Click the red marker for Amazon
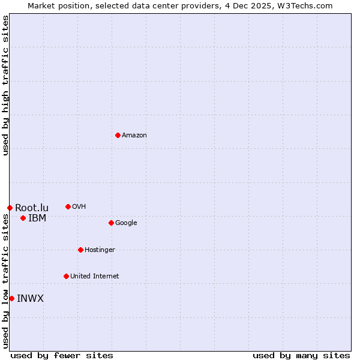coord(118,135)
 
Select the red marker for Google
coord(111,223)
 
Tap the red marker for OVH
coord(68,206)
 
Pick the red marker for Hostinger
coord(80,250)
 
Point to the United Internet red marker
coord(66,276)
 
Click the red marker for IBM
coord(23,218)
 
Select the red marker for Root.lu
coord(10,208)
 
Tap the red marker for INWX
coord(11,298)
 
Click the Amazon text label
coord(134,136)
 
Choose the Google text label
coord(126,223)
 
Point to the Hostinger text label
coord(100,250)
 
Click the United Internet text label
coord(94,277)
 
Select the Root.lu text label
coord(32,208)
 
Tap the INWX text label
coord(30,299)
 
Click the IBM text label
coord(37,218)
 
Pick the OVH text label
coord(79,207)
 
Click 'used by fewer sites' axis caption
coord(62,355)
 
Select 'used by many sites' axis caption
coord(301,355)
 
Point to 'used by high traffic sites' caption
coord(5,85)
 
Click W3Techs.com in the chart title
coord(305,5)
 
